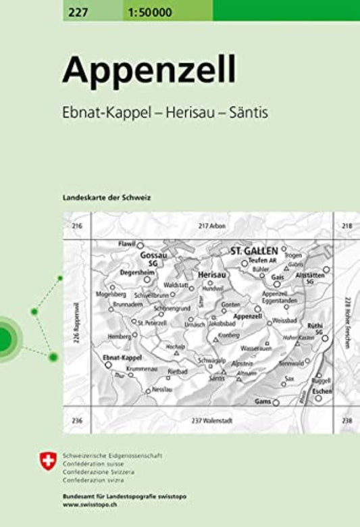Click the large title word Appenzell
(149, 69)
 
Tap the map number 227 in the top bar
(78, 10)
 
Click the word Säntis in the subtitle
(249, 113)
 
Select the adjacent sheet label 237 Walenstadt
(212, 421)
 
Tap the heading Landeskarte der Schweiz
(105, 197)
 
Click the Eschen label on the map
(321, 391)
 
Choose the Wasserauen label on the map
(255, 347)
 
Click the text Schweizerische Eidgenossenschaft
(111, 456)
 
